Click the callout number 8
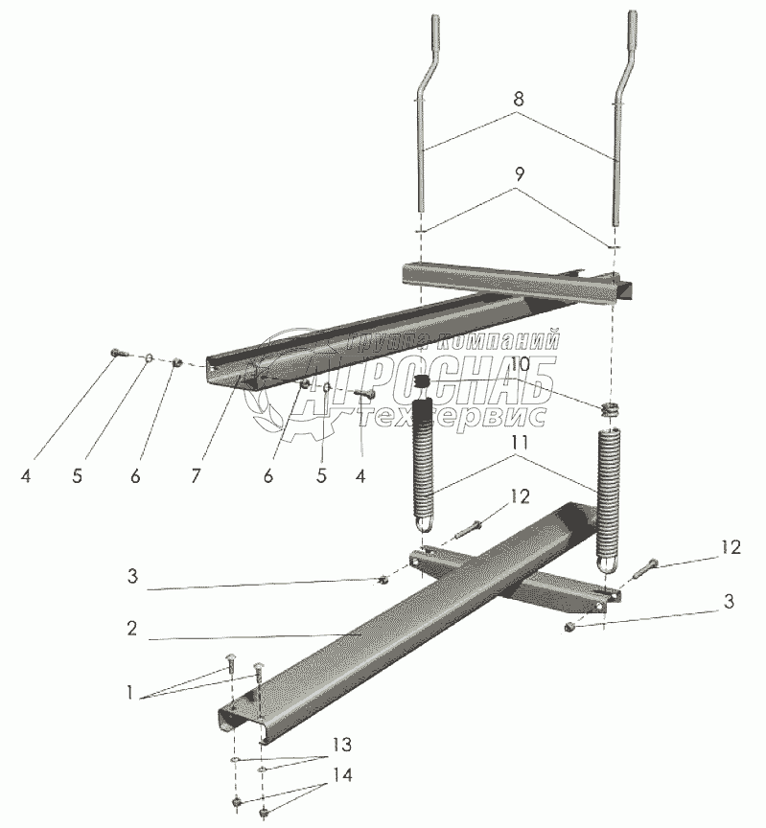519,98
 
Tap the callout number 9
520,174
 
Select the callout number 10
521,364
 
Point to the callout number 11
520,442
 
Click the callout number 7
196,475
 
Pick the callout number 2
132,628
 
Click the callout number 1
129,693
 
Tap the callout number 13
342,745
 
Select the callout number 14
342,775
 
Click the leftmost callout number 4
25,475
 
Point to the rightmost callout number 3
729,601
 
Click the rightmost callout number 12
731,547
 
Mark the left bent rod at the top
427,113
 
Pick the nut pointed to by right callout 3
569,627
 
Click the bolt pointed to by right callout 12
645,568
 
